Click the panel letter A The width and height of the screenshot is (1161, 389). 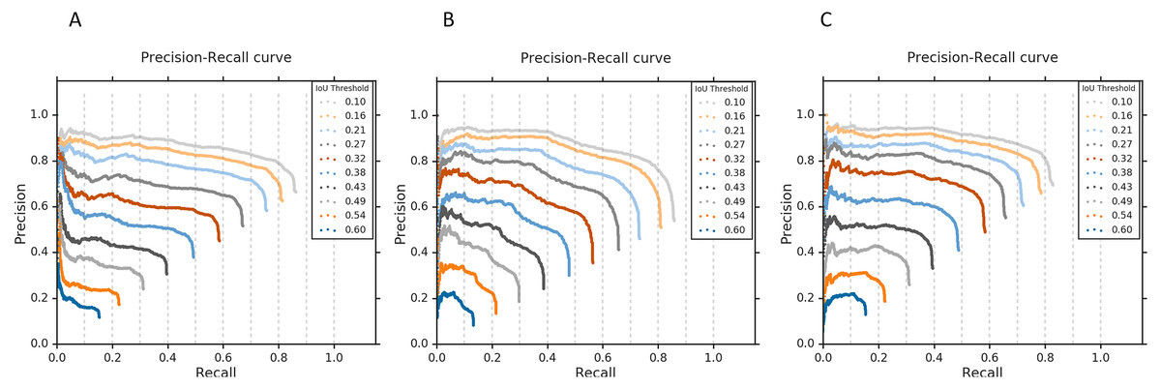(x=75, y=19)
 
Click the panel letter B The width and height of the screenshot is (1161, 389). (x=448, y=19)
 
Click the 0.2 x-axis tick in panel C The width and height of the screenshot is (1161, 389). (x=878, y=357)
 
